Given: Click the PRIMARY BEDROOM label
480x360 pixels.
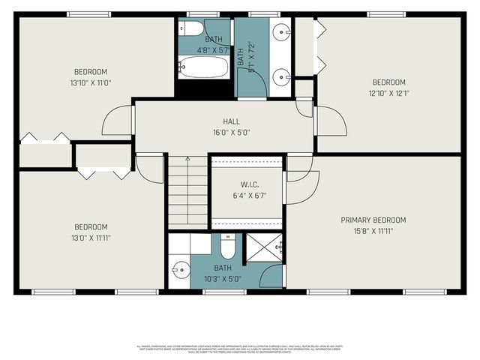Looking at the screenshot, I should (x=373, y=220).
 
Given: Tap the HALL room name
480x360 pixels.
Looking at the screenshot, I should (x=231, y=121).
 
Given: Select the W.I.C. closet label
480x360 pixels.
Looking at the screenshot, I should (x=248, y=184).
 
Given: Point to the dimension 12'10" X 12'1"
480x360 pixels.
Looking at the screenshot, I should (x=388, y=94).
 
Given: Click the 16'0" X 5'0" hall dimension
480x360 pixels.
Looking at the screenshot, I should (x=231, y=132).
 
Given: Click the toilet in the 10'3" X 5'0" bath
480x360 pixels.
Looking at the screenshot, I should (x=229, y=246).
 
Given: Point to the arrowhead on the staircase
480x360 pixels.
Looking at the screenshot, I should (x=187, y=159).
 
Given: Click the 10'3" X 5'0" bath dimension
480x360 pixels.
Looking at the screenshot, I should (x=223, y=277).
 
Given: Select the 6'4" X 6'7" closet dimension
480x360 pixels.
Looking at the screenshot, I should (x=248, y=195).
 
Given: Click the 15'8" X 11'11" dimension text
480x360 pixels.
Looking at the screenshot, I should (x=373, y=231).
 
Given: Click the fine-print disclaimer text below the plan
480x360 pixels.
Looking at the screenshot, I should (x=239, y=349).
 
